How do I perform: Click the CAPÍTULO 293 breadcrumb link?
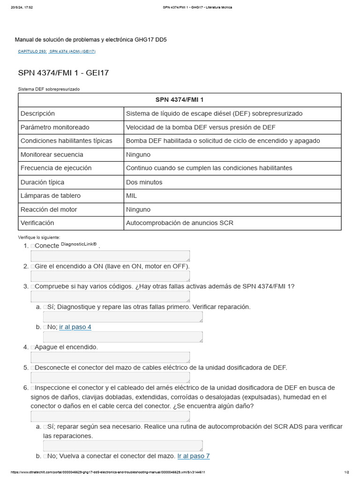point(32,52)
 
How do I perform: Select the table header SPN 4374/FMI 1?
point(180,100)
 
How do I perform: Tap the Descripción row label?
point(38,113)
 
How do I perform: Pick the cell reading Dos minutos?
point(144,182)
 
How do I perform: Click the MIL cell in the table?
point(132,195)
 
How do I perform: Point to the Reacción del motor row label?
point(49,209)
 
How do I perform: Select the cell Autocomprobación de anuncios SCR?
point(180,223)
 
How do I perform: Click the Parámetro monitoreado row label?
point(55,127)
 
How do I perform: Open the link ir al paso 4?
point(75,327)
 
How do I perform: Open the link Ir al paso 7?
point(194,456)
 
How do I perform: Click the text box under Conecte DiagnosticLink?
point(110,256)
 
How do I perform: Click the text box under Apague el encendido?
point(110,358)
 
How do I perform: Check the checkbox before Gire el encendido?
point(33,266)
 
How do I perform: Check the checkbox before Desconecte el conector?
point(33,368)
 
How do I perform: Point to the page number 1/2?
point(346,472)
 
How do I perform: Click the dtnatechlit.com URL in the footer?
point(108,472)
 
